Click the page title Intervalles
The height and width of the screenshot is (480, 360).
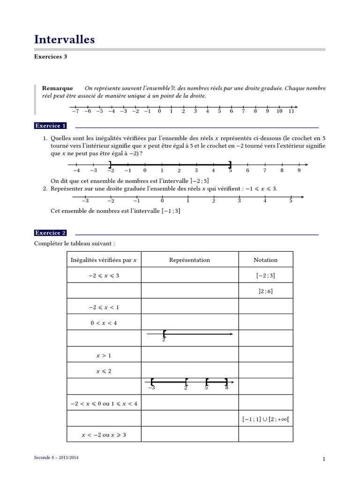(x=65, y=40)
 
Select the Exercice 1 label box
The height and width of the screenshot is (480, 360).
(x=51, y=126)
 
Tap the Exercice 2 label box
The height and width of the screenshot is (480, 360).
(x=51, y=233)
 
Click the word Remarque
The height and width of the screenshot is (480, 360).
(x=57, y=88)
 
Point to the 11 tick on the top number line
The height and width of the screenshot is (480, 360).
(x=291, y=111)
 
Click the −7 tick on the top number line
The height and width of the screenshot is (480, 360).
(x=75, y=111)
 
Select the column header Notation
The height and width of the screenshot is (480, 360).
(x=265, y=260)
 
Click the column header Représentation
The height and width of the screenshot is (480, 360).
(x=189, y=260)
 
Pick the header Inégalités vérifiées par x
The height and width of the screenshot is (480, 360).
(x=104, y=260)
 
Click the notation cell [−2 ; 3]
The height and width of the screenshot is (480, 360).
(x=265, y=276)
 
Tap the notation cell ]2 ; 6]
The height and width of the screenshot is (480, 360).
(x=265, y=291)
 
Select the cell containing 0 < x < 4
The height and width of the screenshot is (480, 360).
(x=104, y=323)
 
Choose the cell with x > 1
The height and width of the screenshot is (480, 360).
(x=104, y=355)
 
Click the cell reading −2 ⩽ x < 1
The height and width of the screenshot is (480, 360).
(x=104, y=307)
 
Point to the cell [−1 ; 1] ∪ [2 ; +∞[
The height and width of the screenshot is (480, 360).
(x=265, y=419)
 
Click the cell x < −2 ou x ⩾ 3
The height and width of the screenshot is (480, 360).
(x=104, y=435)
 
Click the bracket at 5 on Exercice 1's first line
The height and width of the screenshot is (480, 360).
(x=230, y=164)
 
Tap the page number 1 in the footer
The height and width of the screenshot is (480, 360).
(x=323, y=459)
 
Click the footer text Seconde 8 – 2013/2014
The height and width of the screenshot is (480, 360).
(x=56, y=457)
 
